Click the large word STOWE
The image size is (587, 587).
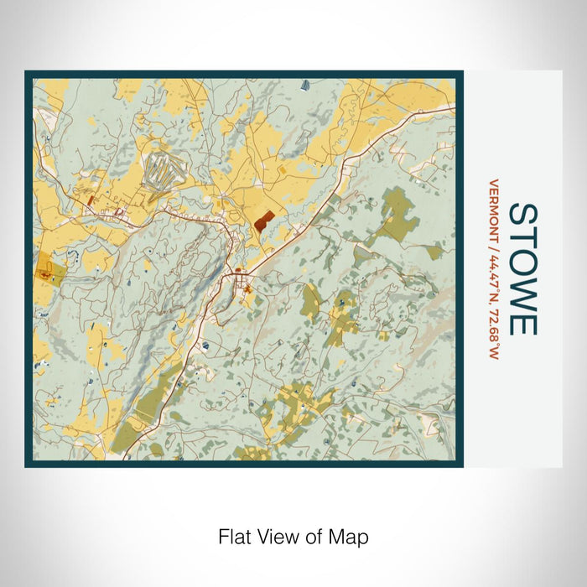[522, 268]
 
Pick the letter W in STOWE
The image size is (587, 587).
[522, 290]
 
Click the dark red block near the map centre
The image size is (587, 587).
[263, 222]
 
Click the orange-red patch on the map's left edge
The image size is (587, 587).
[44, 270]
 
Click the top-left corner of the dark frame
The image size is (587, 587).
[27, 73]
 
